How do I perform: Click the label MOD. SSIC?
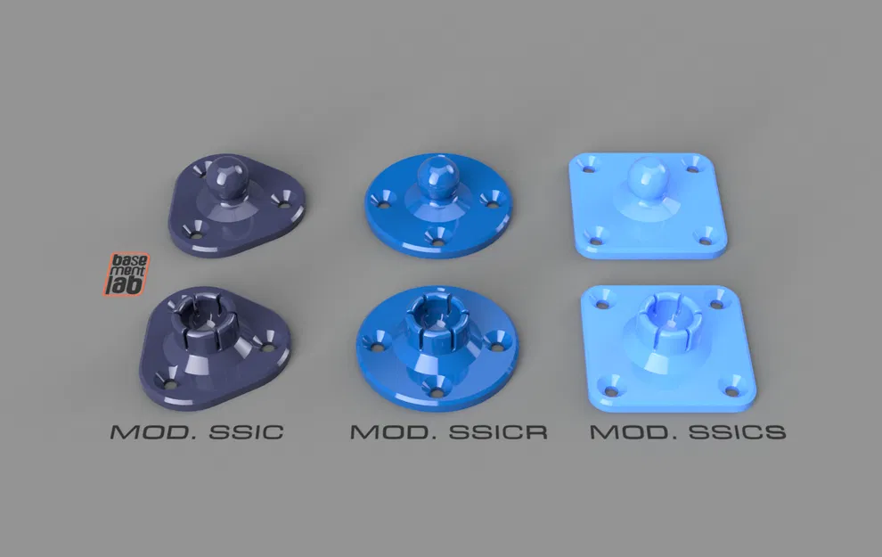(x=197, y=432)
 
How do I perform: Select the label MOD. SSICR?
(x=448, y=432)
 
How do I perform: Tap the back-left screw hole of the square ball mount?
(x=588, y=166)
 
